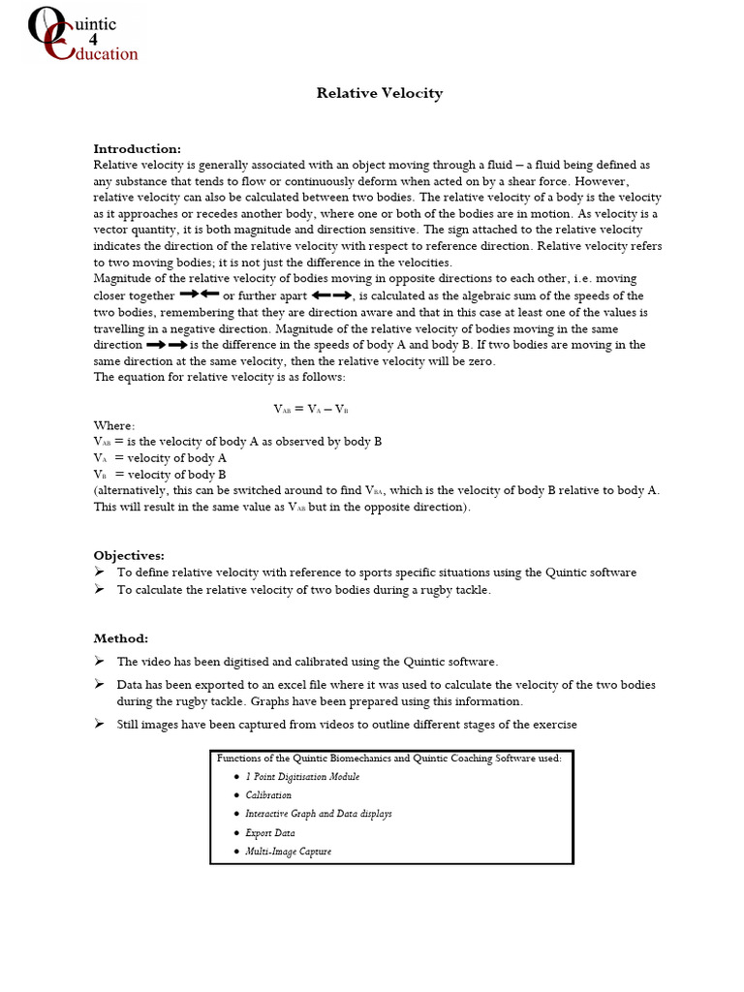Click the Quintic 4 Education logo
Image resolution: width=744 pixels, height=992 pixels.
tap(83, 37)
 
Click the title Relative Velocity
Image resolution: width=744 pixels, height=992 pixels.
tap(380, 93)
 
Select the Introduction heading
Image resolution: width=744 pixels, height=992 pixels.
tap(137, 148)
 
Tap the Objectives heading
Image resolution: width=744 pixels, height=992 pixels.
tap(129, 555)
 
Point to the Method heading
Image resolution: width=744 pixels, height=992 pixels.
tap(121, 638)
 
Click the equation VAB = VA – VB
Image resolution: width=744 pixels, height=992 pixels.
tap(310, 409)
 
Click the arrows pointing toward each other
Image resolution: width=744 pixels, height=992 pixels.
tap(200, 294)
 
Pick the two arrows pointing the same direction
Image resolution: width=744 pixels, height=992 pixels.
tap(167, 344)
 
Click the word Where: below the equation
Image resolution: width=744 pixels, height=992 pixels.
tap(114, 425)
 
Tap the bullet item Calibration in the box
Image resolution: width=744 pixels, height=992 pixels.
tap(268, 795)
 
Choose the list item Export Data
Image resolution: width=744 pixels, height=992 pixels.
tap(270, 832)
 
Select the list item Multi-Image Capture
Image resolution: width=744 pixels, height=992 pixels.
tap(288, 852)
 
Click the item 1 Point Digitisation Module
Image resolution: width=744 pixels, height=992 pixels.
tap(302, 777)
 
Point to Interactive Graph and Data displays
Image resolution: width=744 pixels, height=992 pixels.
tap(319, 814)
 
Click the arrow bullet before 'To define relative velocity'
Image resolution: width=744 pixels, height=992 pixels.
tap(99, 572)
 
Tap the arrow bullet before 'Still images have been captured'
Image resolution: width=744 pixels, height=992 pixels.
tap(99, 724)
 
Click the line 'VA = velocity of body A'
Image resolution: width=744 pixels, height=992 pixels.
tap(160, 458)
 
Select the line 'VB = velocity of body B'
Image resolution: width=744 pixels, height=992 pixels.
tap(160, 475)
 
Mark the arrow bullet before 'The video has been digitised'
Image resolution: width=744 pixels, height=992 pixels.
tap(99, 661)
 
